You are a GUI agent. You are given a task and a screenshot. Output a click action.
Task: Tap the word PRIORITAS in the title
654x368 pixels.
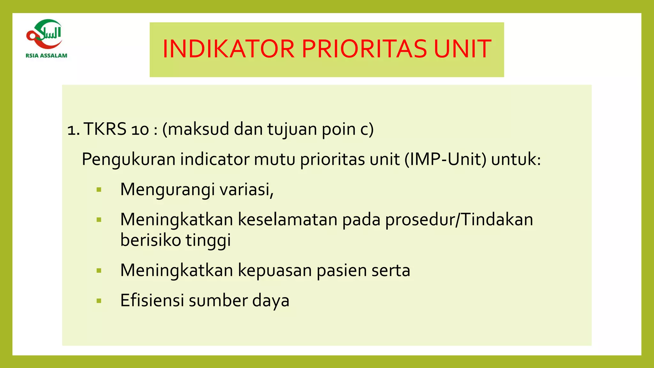(x=364, y=49)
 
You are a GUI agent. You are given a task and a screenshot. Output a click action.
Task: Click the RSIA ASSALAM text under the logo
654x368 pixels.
(x=47, y=56)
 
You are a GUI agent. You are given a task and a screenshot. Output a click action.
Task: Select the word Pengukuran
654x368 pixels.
(x=129, y=160)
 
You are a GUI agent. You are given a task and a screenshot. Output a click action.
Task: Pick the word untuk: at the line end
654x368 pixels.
(x=516, y=159)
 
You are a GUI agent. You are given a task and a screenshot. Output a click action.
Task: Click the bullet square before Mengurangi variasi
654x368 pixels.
(x=99, y=190)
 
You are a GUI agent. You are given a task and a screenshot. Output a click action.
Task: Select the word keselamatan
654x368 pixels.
(x=288, y=220)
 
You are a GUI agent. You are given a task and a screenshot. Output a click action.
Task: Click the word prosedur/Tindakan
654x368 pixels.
(x=459, y=220)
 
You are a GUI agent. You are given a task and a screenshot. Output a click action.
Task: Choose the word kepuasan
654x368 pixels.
(x=275, y=271)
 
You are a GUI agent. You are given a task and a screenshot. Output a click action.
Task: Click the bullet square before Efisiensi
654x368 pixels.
(x=99, y=301)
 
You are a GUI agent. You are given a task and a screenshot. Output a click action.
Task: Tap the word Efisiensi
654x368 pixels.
(x=152, y=301)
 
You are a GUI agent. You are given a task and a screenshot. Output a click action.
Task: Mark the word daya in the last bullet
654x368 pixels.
(x=271, y=301)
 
